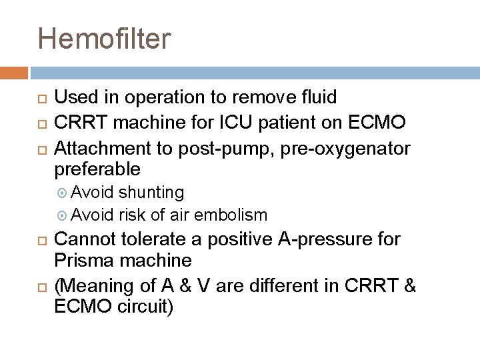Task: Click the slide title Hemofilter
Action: pos(104,38)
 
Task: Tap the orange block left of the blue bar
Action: pos(13,73)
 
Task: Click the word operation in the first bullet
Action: pos(166,97)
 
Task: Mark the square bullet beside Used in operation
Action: pos(39,99)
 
